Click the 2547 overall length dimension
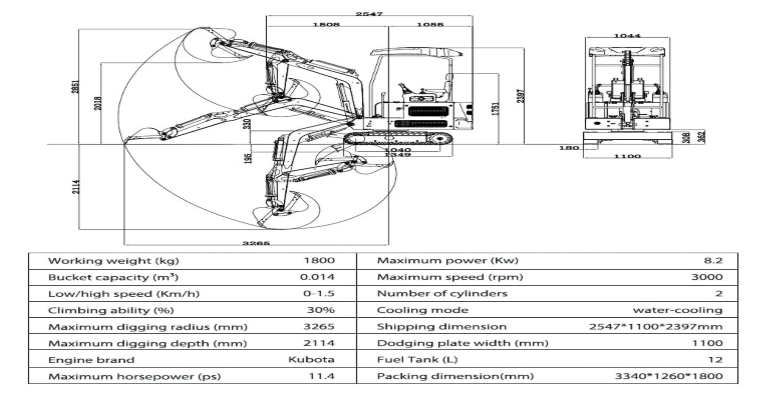click(x=369, y=14)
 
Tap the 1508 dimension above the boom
click(x=326, y=25)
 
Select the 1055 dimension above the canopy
click(x=430, y=25)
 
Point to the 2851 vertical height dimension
click(x=76, y=87)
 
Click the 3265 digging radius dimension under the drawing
click(x=256, y=243)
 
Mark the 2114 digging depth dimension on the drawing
click(x=76, y=187)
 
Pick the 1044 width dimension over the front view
click(x=627, y=36)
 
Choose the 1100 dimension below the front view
click(x=627, y=156)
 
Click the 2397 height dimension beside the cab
click(x=521, y=96)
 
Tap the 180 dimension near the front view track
click(x=569, y=148)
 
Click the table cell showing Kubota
click(x=311, y=360)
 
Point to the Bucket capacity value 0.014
click(x=317, y=277)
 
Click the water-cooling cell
click(x=678, y=310)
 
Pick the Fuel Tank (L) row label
click(x=417, y=360)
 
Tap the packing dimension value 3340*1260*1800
click(x=668, y=376)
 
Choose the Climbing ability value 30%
click(x=320, y=310)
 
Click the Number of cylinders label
click(x=442, y=293)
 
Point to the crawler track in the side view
click(x=398, y=139)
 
